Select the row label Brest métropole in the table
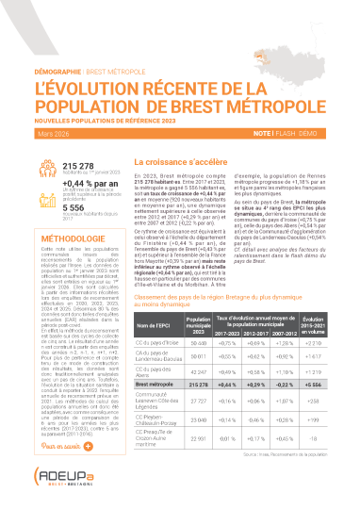pos(153,386)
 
